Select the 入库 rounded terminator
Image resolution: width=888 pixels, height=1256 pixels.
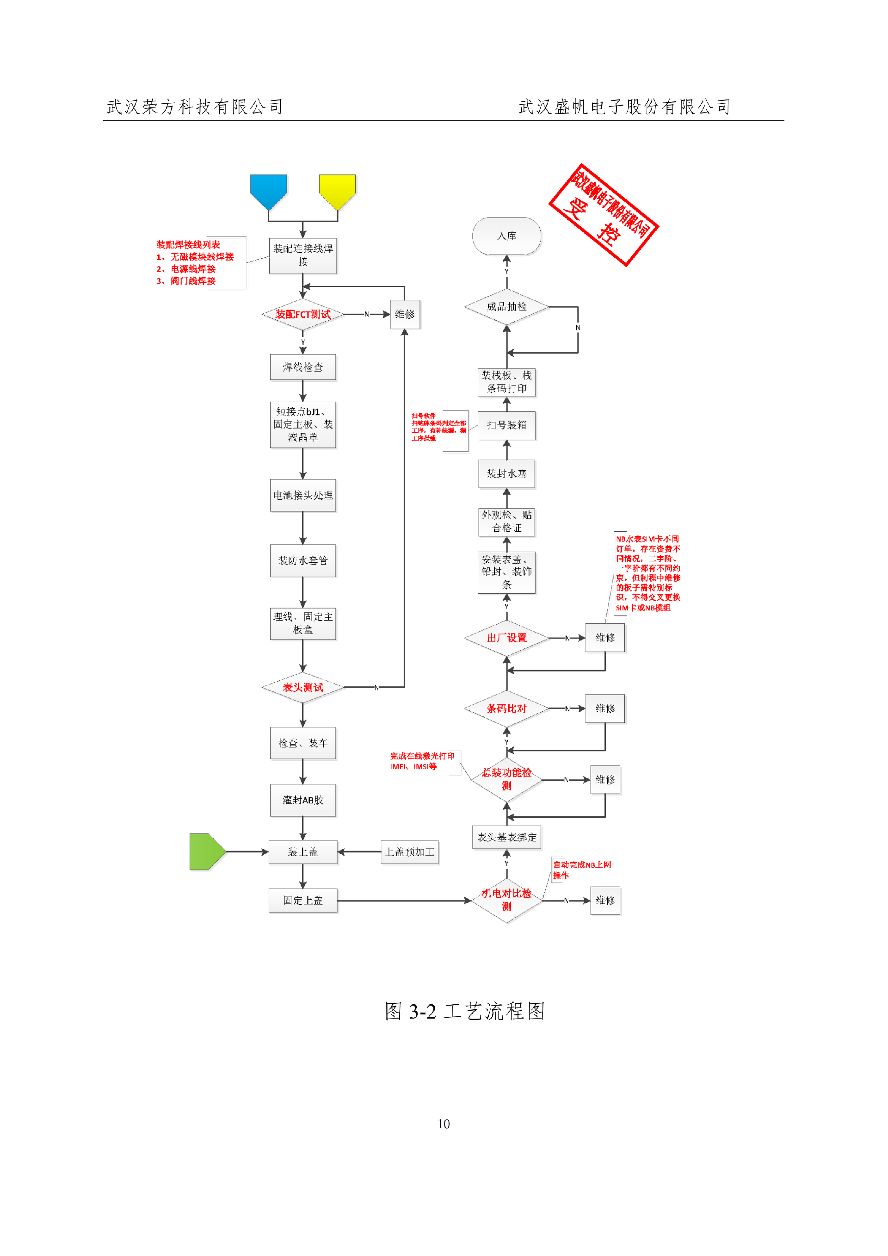pos(506,236)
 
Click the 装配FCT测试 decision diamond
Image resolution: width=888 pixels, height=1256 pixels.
pos(302,314)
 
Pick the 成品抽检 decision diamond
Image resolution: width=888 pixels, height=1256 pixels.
pos(506,306)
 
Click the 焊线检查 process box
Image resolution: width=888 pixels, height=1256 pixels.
pos(302,367)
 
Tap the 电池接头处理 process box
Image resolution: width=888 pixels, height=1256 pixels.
pos(302,495)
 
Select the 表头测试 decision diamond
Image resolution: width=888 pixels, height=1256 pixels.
pos(302,687)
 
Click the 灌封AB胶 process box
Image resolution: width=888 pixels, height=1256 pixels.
pos(302,800)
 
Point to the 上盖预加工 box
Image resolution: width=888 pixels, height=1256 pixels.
pos(410,852)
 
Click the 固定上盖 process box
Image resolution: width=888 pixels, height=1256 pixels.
pos(302,900)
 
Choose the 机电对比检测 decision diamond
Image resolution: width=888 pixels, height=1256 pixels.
pos(506,899)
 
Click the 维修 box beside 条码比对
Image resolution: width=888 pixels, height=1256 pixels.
pos(605,709)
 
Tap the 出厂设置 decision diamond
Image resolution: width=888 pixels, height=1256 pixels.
pos(506,638)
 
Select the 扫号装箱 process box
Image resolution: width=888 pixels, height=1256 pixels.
pos(506,425)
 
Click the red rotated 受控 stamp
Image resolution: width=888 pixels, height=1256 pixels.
pos(603,214)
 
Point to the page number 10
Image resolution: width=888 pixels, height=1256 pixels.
pos(444,1124)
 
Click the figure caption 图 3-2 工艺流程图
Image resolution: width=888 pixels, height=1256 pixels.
pos(465,1011)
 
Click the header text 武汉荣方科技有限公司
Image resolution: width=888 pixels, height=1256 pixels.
pos(195,107)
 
